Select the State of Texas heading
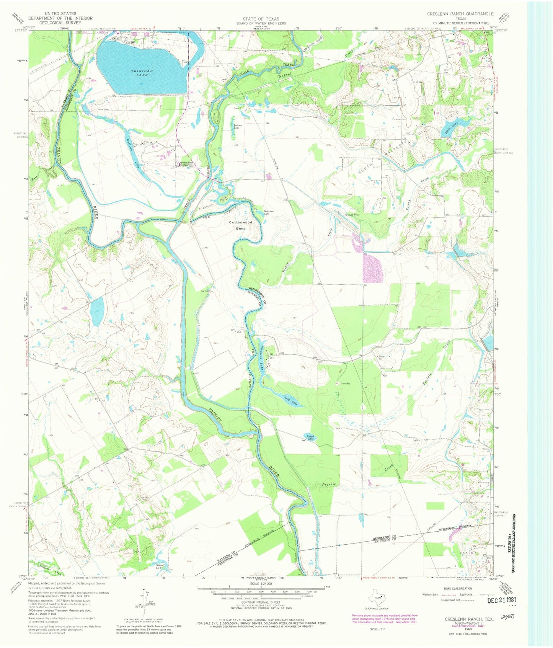click(x=261, y=19)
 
